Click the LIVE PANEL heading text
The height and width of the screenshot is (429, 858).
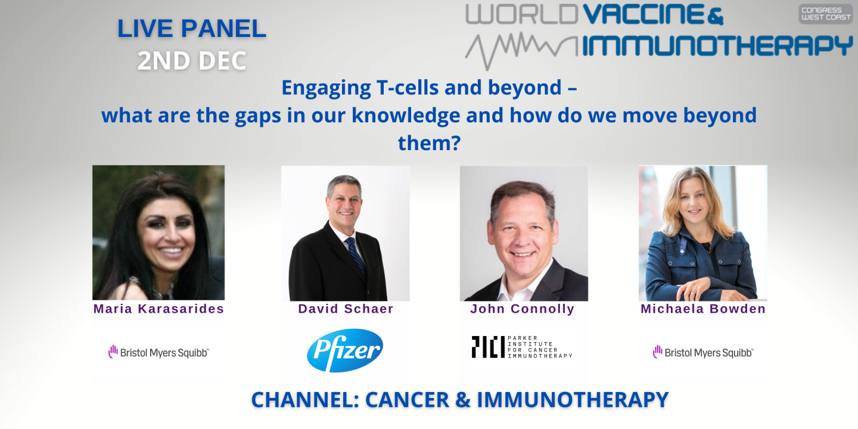point(192,29)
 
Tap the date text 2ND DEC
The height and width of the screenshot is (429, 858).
point(192,61)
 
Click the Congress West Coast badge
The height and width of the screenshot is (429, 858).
point(825,14)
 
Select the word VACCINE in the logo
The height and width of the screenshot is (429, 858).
point(646,15)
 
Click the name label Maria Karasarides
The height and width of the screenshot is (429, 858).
point(158,309)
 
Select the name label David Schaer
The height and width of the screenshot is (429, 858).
point(346,309)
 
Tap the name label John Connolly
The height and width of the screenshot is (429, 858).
point(522,309)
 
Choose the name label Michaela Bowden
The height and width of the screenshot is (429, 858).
point(703,309)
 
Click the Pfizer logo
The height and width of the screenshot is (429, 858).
point(345,350)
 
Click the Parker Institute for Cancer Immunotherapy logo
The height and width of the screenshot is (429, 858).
point(522,347)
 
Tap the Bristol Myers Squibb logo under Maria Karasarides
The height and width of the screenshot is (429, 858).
point(158,352)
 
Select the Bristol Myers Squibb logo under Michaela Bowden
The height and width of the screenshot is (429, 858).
point(703,352)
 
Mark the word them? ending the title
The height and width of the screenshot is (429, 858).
point(429,142)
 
